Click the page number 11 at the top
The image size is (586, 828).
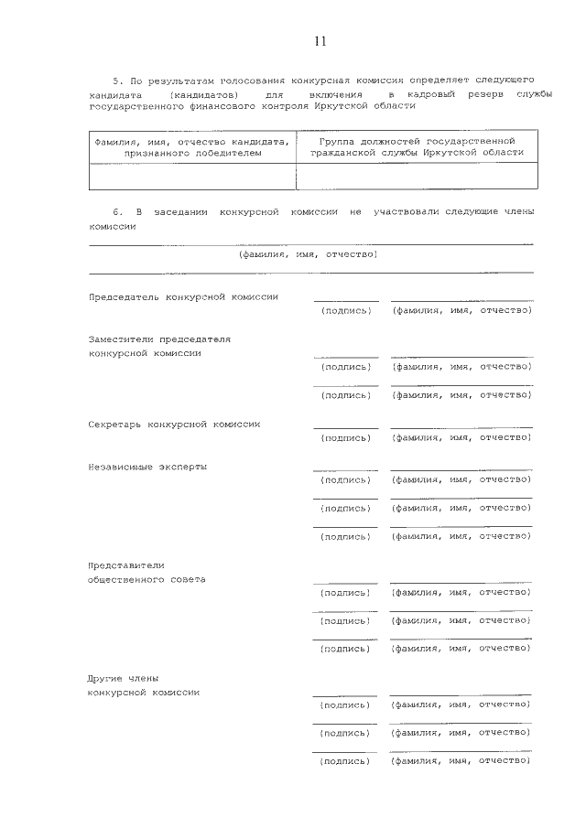(x=320, y=42)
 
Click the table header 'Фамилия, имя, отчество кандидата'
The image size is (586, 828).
(x=191, y=141)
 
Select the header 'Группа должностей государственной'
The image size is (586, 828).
(x=417, y=141)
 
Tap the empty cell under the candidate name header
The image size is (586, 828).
(x=191, y=176)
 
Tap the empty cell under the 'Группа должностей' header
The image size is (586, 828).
(x=417, y=176)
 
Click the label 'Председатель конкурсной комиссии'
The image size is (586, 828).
(x=183, y=297)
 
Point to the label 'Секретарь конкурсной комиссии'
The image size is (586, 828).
(x=175, y=425)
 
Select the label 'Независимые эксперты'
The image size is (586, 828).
(x=147, y=467)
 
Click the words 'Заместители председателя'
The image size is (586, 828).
(x=159, y=339)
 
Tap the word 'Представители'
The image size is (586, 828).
(x=126, y=565)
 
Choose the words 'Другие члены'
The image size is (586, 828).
(x=124, y=678)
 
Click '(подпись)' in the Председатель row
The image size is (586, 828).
(x=346, y=311)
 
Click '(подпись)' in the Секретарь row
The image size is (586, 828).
(x=346, y=438)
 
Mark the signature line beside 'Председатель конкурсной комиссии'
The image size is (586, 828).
(x=346, y=300)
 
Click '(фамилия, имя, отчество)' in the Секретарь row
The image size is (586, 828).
(x=461, y=438)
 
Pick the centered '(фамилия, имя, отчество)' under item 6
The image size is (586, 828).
(x=308, y=255)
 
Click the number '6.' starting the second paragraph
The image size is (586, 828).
(x=117, y=212)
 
